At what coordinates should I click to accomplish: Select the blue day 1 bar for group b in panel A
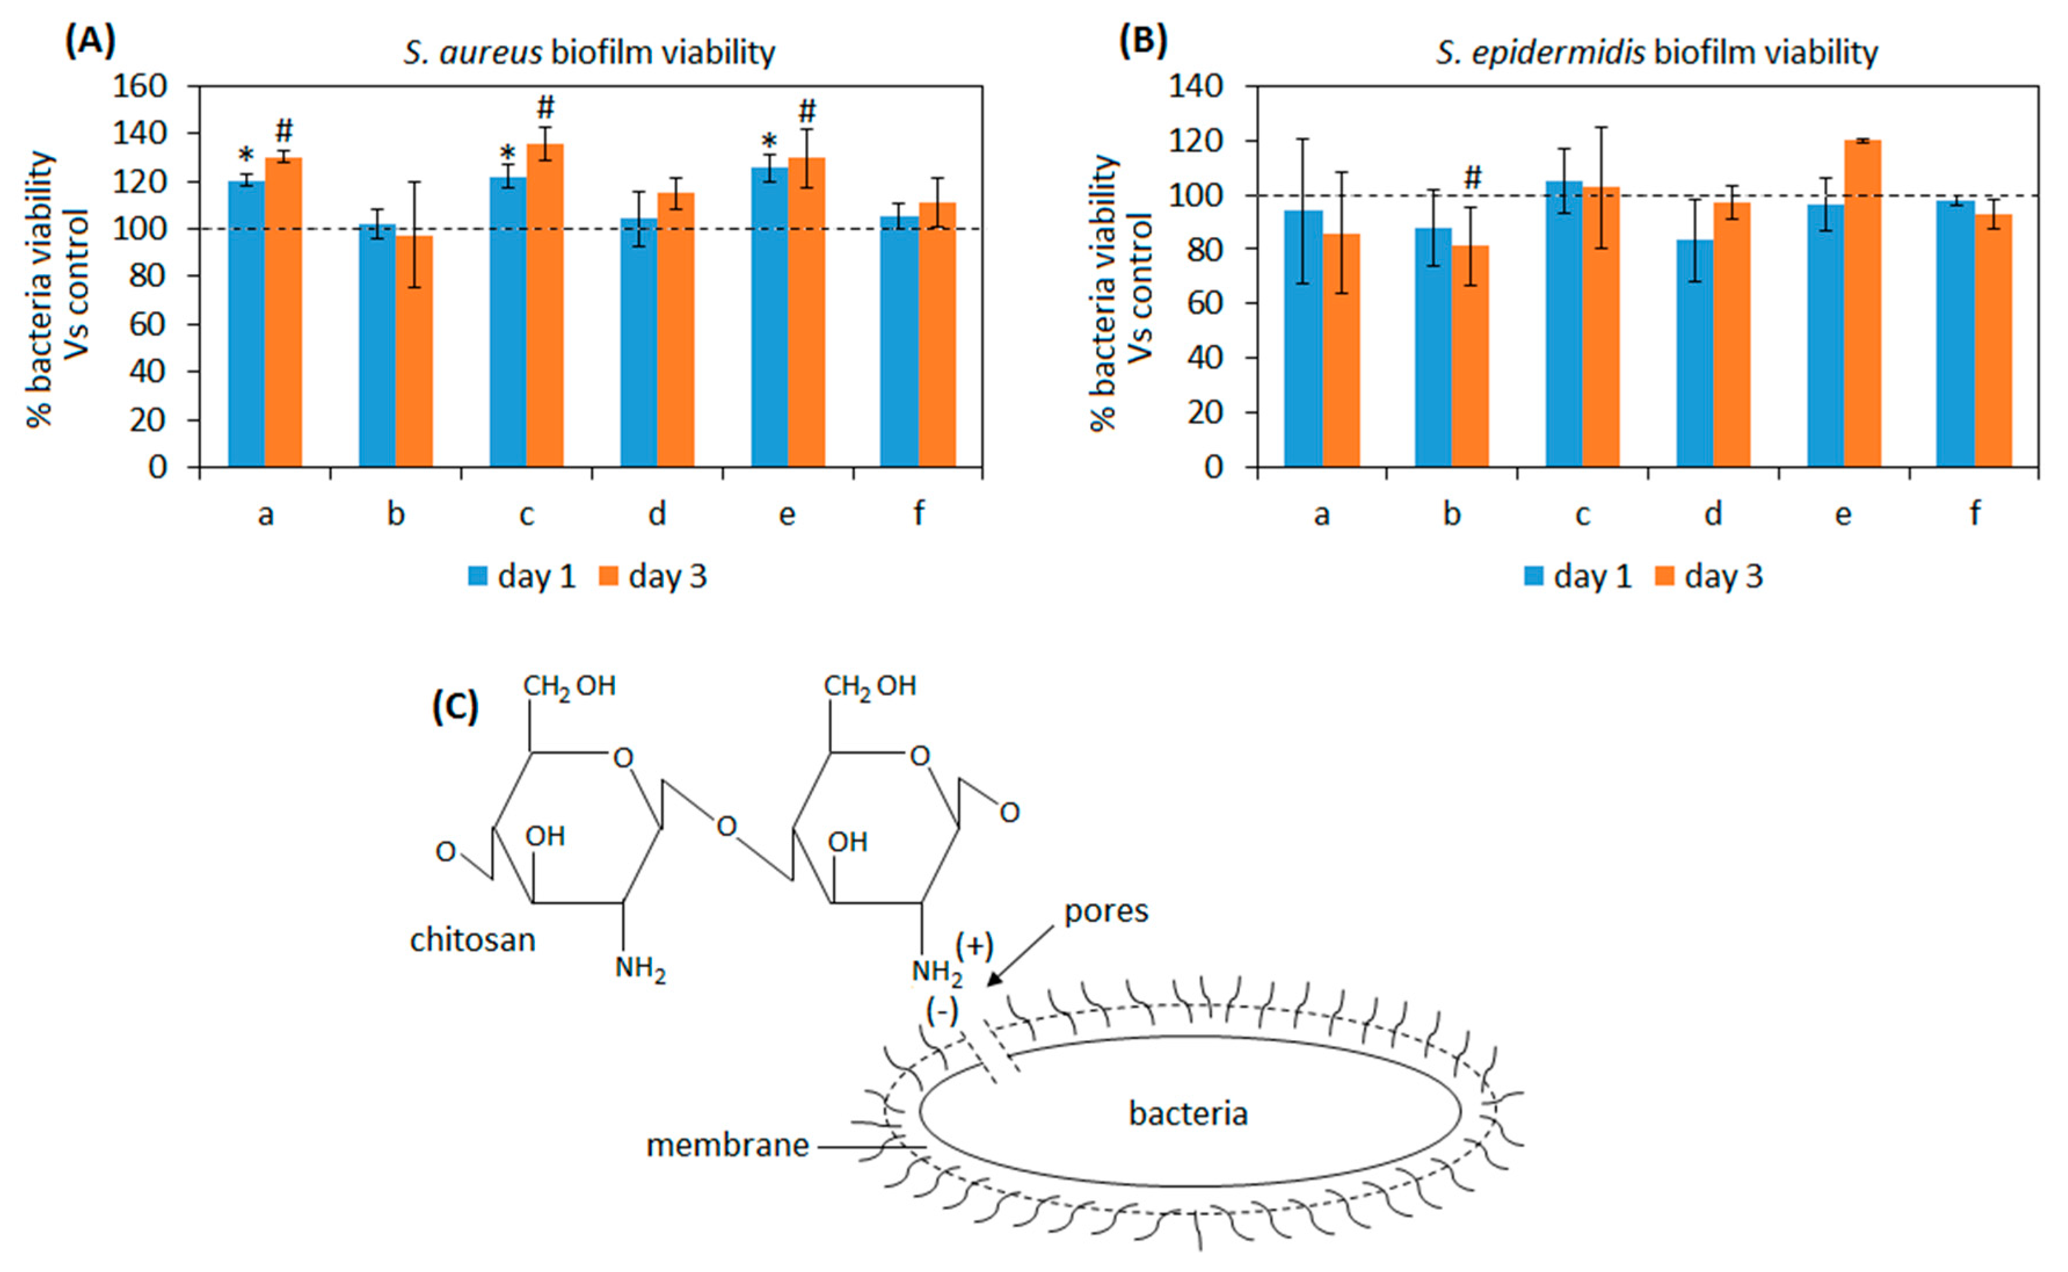tap(377, 345)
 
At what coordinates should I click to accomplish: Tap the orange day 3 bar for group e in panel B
tap(1862, 303)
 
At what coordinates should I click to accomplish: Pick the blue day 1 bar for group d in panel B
tap(1695, 353)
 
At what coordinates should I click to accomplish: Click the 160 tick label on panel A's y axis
tap(151, 86)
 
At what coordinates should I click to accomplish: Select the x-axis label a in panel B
tap(1321, 513)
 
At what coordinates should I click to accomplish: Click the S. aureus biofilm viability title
tap(589, 52)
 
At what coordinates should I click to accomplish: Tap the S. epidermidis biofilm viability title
tap(1656, 52)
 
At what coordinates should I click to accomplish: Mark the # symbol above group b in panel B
tap(1473, 177)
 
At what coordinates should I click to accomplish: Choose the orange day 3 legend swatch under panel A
tap(608, 576)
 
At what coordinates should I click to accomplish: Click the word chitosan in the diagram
tap(472, 940)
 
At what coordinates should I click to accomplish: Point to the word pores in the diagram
tap(1106, 911)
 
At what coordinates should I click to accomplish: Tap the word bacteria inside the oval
tap(1188, 1114)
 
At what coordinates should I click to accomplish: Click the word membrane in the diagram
tap(727, 1145)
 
